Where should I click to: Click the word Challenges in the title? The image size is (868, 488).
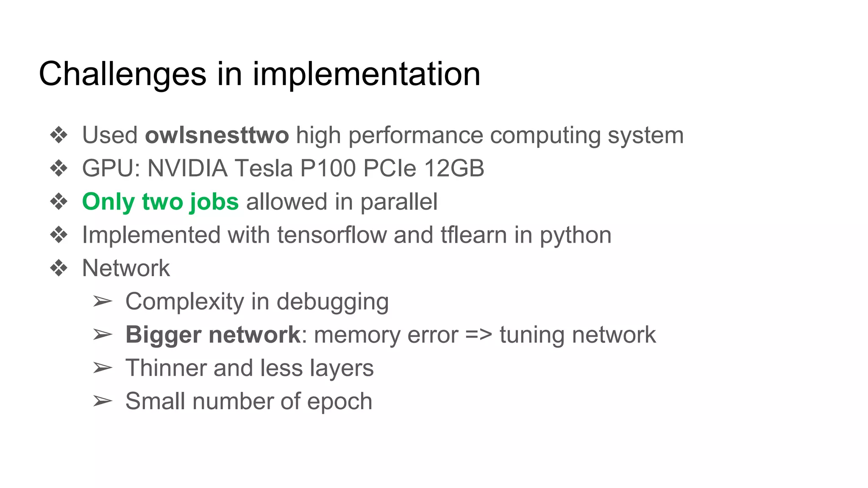pyautogui.click(x=122, y=74)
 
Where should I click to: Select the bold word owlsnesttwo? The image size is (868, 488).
pyautogui.click(x=217, y=136)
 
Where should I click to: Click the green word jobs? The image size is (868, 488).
pyautogui.click(x=214, y=202)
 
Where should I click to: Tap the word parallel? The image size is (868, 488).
pyautogui.click(x=399, y=202)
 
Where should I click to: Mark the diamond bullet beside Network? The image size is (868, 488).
pyautogui.click(x=58, y=268)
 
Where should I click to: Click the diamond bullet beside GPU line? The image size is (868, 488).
pyautogui.click(x=58, y=169)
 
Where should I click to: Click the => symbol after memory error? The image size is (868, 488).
pyautogui.click(x=479, y=335)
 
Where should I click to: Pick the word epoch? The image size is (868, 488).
pyautogui.click(x=339, y=402)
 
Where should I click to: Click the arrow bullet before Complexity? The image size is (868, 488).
pyautogui.click(x=103, y=302)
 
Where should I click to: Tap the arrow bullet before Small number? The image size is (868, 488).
pyautogui.click(x=103, y=401)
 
